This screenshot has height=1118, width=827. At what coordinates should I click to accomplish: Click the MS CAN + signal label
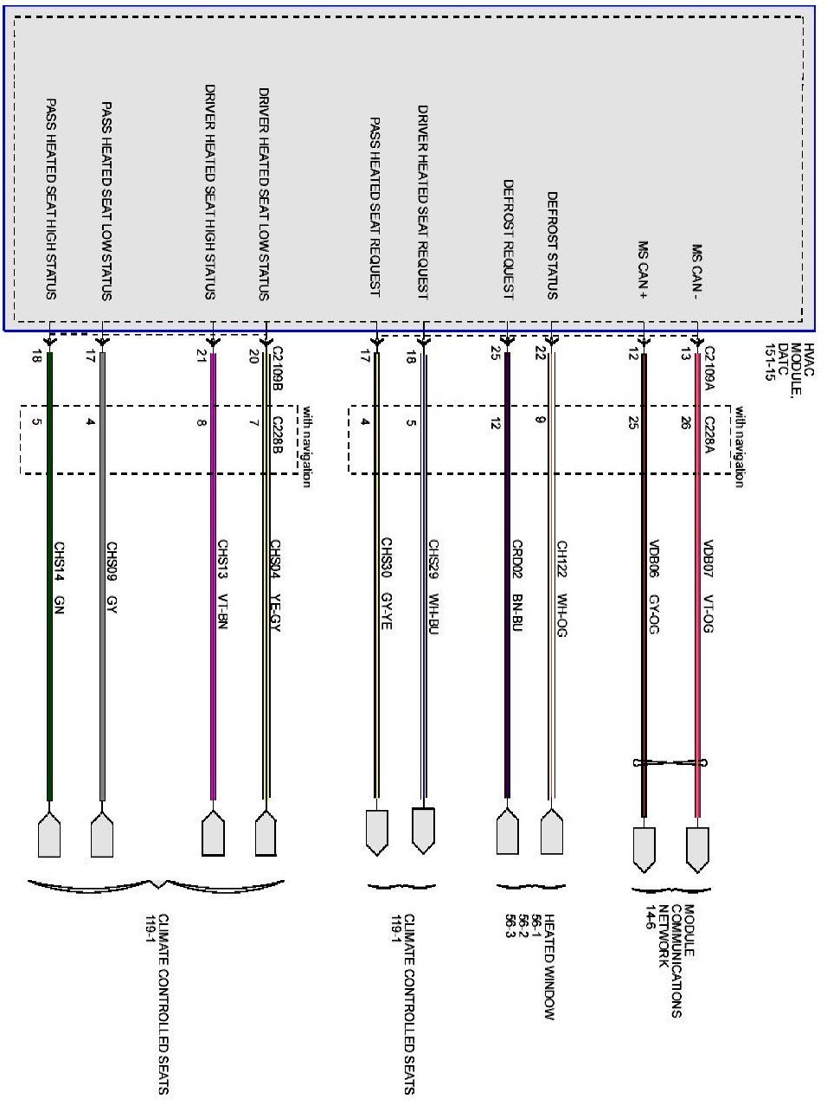644,269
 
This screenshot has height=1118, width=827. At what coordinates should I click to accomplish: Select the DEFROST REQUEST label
509,240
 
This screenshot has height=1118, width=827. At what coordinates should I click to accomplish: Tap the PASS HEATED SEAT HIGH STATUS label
51,198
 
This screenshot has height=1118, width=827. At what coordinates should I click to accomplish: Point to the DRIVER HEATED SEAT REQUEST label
423,202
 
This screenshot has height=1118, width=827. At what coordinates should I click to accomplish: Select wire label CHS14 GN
59,578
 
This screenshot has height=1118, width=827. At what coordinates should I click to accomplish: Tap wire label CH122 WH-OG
561,589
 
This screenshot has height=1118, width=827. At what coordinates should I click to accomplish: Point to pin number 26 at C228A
687,423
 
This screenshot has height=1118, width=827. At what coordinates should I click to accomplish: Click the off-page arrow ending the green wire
49,834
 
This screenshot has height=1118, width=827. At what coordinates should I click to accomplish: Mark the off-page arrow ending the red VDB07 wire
697,849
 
